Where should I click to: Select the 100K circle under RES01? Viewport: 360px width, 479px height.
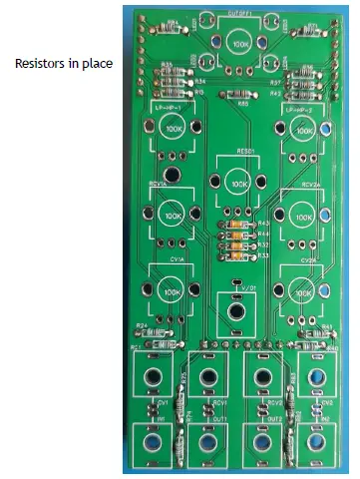click(237, 183)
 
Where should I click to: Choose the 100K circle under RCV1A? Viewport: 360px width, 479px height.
click(173, 214)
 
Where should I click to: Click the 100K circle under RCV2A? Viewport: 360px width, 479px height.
click(303, 214)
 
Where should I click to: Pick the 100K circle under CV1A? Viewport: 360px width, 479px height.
click(173, 287)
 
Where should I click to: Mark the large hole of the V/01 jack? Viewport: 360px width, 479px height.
click(237, 310)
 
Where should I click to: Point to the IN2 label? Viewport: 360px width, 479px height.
click(314, 422)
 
